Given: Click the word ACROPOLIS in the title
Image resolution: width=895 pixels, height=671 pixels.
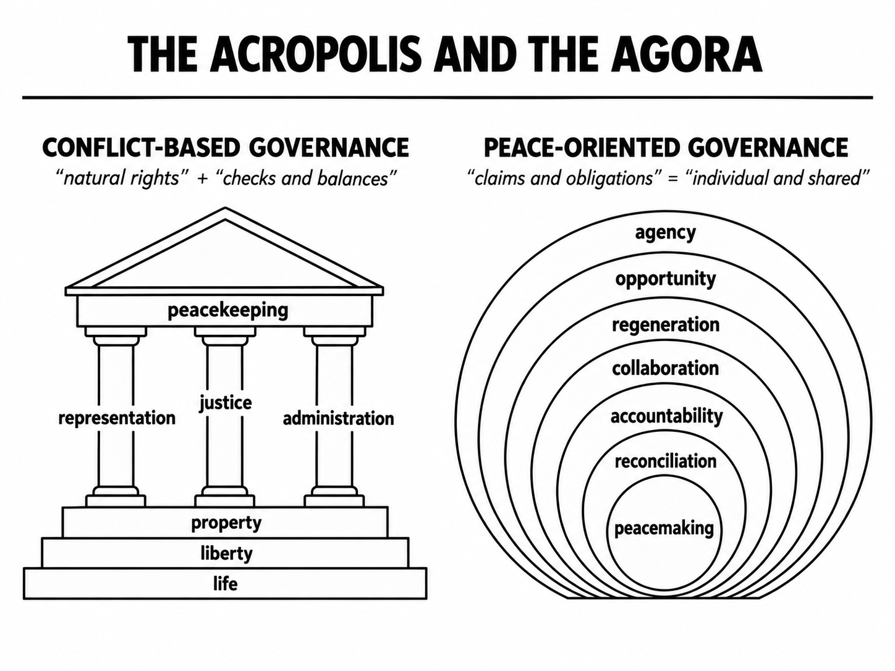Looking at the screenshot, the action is point(316,54).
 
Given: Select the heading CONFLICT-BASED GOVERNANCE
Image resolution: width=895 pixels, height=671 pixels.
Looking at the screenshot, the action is point(226,148).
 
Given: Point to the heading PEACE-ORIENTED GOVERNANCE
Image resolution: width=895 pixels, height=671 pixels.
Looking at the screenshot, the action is point(666,148).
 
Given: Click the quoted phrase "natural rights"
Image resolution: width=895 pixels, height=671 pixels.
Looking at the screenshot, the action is point(121,178).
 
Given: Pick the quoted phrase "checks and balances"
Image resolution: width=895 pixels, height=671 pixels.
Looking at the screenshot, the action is point(310,178).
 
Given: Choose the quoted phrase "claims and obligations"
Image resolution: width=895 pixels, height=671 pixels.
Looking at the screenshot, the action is point(564,178).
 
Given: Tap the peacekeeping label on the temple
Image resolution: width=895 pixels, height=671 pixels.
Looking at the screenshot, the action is point(228,311).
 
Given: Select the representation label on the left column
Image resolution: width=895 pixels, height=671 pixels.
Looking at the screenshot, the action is point(117,418).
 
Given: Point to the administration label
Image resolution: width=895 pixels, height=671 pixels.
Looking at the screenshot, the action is point(338,418).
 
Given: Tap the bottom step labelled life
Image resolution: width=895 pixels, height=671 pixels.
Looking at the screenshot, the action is point(225,583).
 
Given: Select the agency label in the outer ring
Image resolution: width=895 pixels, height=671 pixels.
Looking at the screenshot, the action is point(666,233).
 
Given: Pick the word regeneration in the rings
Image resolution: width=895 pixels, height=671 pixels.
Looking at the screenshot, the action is point(666,326).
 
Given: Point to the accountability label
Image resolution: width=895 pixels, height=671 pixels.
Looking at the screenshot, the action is point(666,416).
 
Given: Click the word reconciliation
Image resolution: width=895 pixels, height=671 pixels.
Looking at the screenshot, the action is point(666,462).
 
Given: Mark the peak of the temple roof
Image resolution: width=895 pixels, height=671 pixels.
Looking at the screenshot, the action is point(225,208).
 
